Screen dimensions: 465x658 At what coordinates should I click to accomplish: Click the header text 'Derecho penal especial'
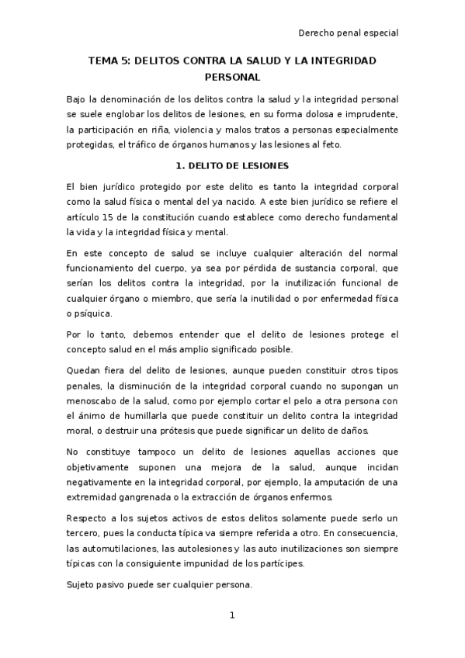pyautogui.click(x=349, y=33)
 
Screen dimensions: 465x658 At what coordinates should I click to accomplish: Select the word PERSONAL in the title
pyautogui.click(x=232, y=77)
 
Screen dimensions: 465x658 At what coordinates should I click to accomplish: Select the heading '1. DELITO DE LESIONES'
pyautogui.click(x=232, y=166)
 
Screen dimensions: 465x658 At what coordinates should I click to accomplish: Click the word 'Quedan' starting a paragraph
pyautogui.click(x=84, y=369)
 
